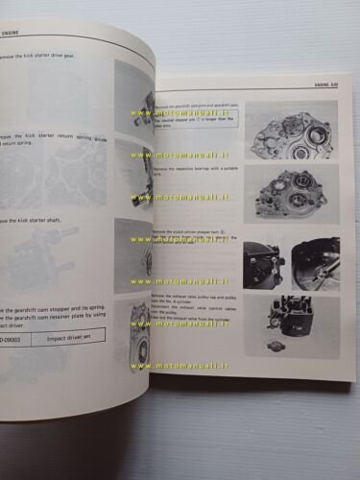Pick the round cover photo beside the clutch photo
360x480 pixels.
pyautogui.click(x=316, y=262)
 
